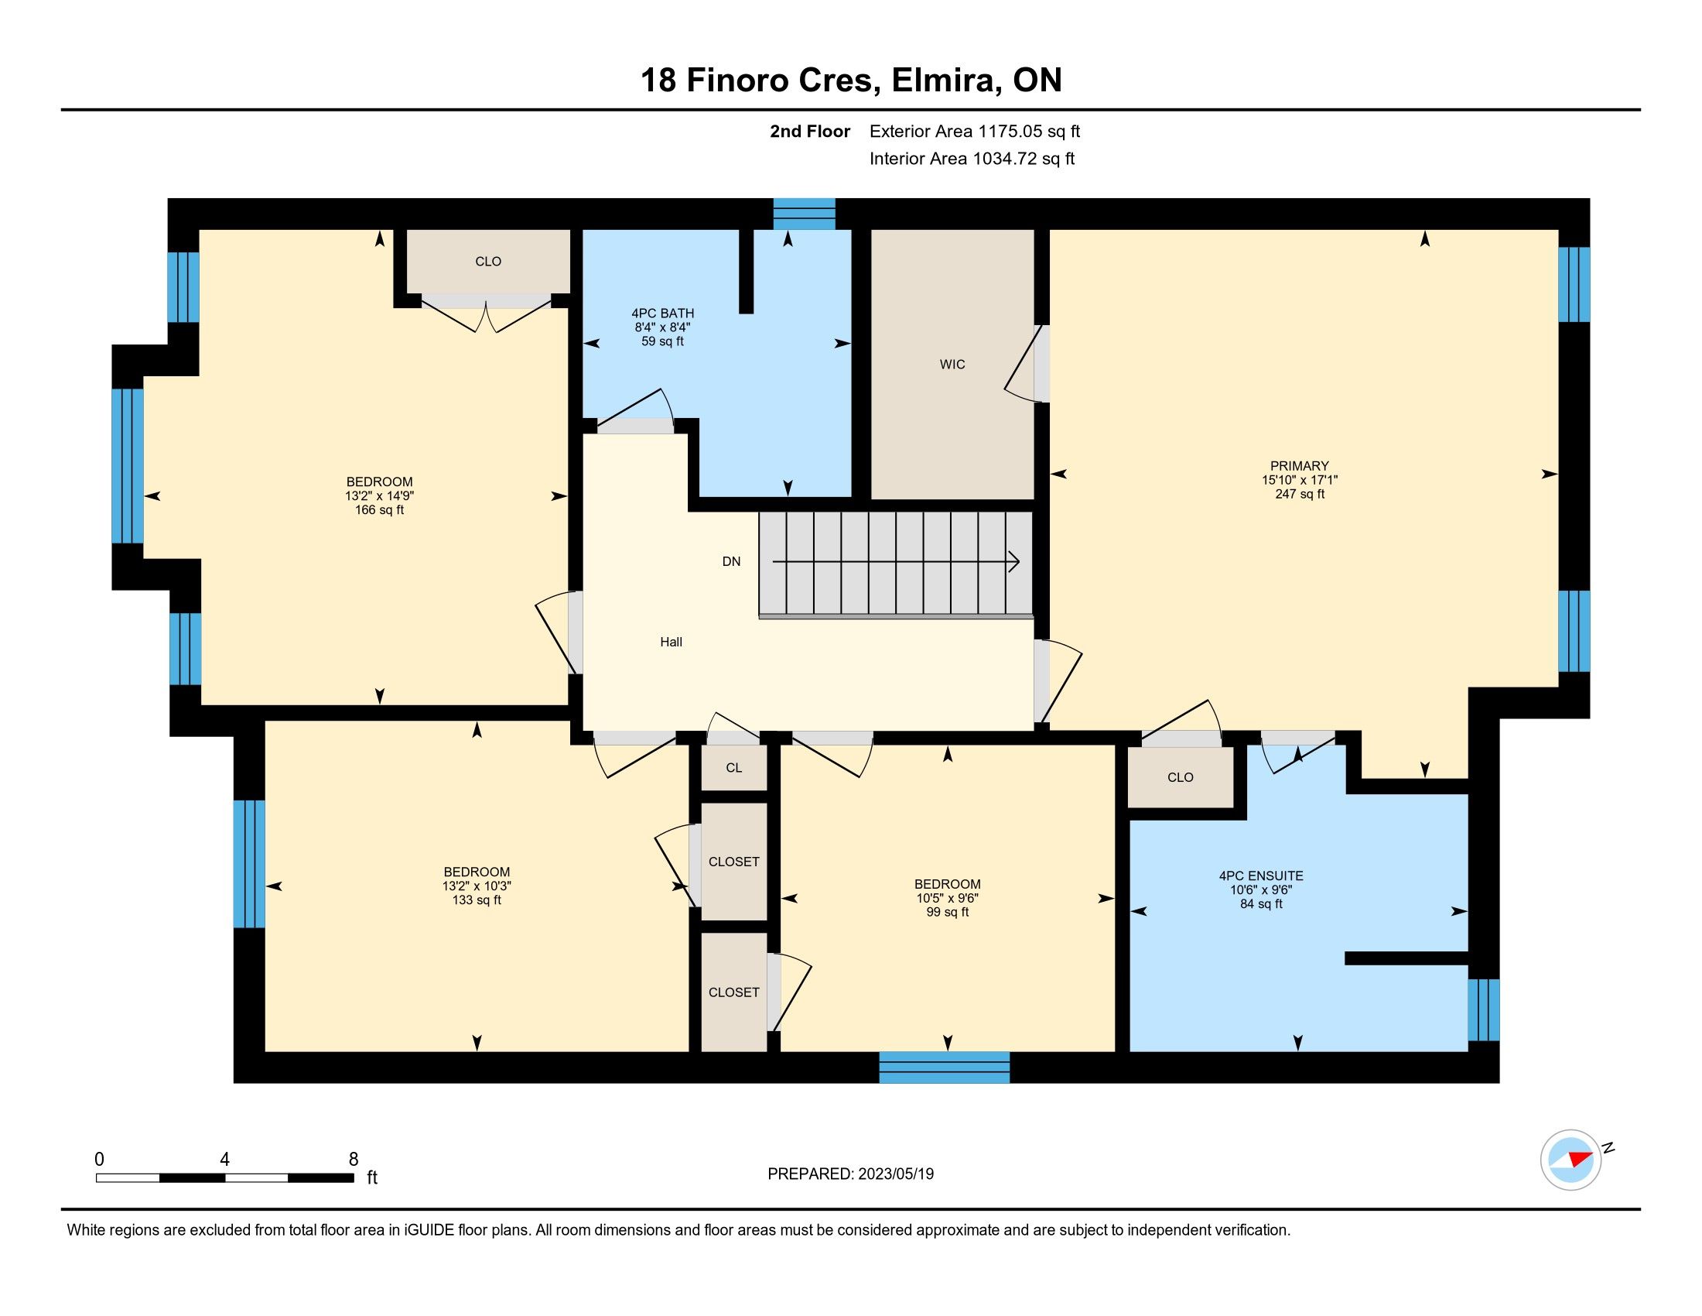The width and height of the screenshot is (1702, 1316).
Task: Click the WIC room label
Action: point(952,364)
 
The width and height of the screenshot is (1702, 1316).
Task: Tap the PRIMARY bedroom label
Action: point(1300,466)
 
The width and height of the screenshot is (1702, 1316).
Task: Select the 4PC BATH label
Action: point(662,314)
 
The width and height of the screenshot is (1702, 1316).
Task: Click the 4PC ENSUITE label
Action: point(1261,876)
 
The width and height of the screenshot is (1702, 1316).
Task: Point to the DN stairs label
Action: point(731,561)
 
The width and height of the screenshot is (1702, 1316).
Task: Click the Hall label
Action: point(671,642)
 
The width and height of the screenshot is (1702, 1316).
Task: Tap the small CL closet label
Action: point(734,768)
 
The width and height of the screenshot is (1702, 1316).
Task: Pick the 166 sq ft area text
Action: point(380,510)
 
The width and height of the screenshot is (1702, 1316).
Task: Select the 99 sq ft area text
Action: point(948,912)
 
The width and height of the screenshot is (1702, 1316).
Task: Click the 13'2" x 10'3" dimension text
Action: point(477,886)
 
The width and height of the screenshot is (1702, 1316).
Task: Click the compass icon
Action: point(1571,1160)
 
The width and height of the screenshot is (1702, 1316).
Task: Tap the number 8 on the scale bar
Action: point(353,1159)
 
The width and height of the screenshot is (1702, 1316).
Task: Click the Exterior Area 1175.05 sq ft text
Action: point(975,131)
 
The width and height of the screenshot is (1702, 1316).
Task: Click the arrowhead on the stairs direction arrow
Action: point(1014,561)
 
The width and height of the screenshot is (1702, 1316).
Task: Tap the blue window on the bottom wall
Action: point(945,1067)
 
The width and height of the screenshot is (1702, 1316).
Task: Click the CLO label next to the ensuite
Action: point(1181,777)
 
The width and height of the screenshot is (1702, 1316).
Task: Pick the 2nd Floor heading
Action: point(810,131)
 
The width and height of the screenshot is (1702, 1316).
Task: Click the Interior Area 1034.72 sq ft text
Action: point(972,159)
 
